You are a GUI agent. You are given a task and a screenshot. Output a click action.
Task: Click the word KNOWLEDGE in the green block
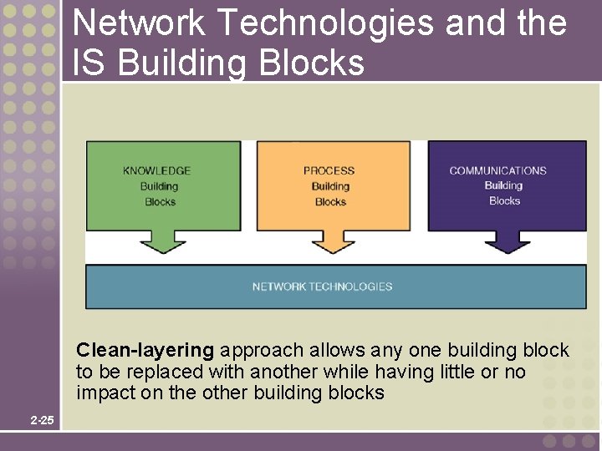click(x=156, y=171)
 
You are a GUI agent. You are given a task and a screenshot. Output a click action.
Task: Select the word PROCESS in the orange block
click(x=329, y=171)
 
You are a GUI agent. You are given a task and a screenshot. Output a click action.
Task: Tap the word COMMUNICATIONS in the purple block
click(x=497, y=171)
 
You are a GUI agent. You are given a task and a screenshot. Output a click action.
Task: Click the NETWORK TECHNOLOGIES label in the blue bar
click(x=322, y=286)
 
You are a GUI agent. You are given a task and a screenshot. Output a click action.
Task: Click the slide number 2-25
click(x=42, y=420)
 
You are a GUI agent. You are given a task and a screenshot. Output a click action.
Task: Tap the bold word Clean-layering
click(x=145, y=350)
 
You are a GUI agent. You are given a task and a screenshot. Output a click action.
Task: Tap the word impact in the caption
click(x=102, y=393)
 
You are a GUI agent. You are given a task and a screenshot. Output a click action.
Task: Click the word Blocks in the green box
click(x=160, y=201)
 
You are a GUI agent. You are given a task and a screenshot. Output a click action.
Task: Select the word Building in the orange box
click(x=330, y=186)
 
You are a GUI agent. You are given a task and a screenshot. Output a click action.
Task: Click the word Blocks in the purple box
click(x=504, y=200)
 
